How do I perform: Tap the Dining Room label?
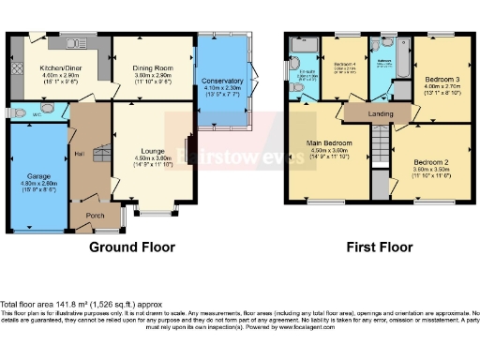(x=152, y=67)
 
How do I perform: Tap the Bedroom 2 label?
(x=432, y=162)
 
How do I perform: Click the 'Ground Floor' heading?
(x=132, y=247)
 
